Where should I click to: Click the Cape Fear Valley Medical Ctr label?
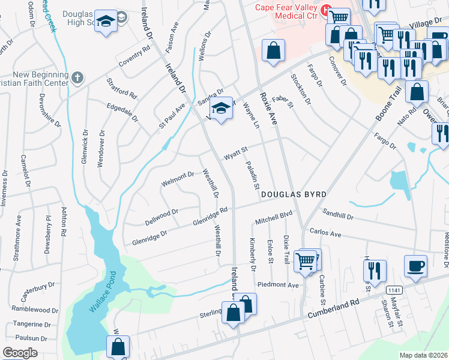coord(288,12)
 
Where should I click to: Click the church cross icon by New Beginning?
coord(76,77)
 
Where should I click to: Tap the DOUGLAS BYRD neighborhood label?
coord(294,195)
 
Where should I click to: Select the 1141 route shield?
coord(394,290)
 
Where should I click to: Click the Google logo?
coord(20,352)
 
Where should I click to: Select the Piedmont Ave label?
coord(277,284)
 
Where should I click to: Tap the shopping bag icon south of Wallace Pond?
coord(118,346)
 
